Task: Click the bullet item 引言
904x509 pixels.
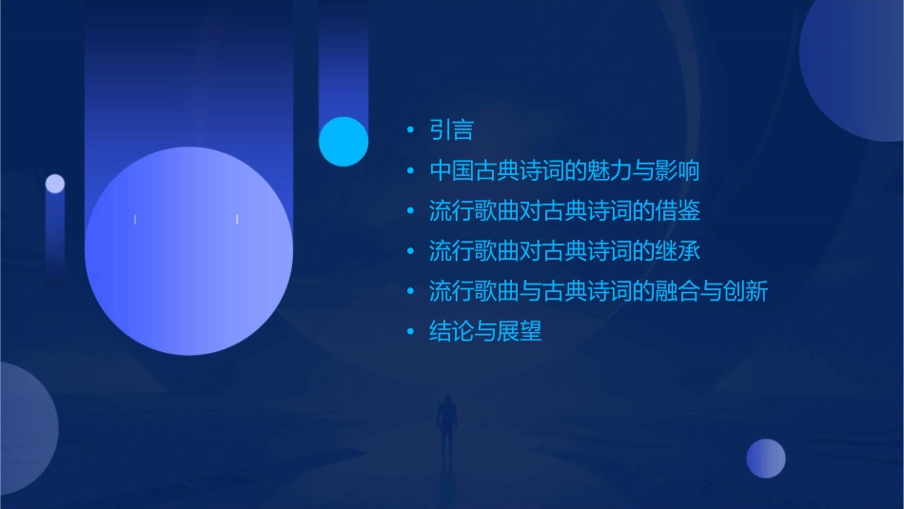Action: tap(451, 129)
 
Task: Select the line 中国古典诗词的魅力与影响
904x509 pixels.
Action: tap(564, 171)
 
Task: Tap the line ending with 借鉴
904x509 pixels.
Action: tap(564, 211)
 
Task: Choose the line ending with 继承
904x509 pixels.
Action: tap(564, 251)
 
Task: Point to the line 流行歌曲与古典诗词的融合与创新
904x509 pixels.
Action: tap(598, 291)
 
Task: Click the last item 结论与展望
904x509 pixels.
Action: tap(485, 331)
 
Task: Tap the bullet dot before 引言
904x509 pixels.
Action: tap(410, 130)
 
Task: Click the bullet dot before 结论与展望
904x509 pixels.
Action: tap(410, 332)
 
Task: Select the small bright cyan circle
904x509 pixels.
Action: tap(344, 141)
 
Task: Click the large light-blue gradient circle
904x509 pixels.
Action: tap(188, 251)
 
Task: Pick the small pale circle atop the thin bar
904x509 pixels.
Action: tap(55, 184)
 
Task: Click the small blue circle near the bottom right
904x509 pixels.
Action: tap(766, 459)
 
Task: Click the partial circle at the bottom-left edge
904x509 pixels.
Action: tap(24, 428)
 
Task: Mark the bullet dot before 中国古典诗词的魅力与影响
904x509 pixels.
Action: tap(410, 172)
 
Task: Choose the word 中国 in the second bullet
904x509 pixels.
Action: tap(451, 171)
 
